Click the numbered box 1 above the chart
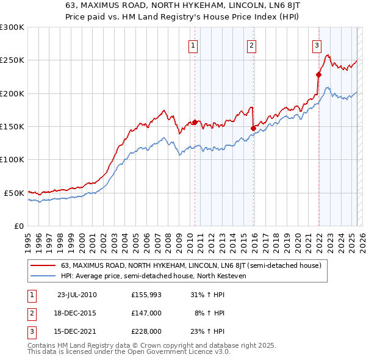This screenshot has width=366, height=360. (x=193, y=45)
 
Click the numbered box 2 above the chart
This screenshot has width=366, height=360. (x=251, y=45)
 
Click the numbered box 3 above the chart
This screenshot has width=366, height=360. (x=317, y=45)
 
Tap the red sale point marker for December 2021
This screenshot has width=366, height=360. (x=318, y=74)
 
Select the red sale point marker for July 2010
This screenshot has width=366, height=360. (x=195, y=122)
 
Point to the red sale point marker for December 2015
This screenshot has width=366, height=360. (x=253, y=128)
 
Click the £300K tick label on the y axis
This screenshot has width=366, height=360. (x=12, y=27)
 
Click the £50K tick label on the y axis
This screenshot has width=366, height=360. (x=15, y=193)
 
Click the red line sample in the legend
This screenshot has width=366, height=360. (x=43, y=265)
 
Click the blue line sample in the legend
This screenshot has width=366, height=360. (x=43, y=276)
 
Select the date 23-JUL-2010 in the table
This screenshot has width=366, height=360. (x=77, y=295)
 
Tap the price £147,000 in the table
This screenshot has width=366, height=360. (x=146, y=313)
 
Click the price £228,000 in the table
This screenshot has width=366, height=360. (x=146, y=331)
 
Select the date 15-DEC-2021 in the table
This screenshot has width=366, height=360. (x=77, y=331)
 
